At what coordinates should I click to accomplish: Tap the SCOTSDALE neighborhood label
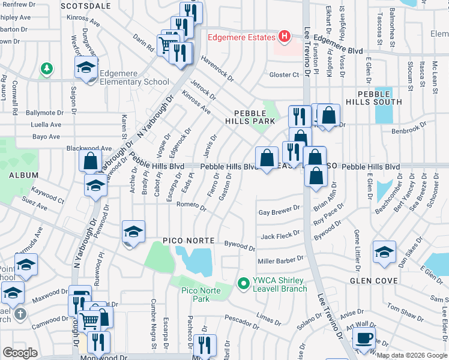click(86, 5)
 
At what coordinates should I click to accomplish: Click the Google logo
click(20, 353)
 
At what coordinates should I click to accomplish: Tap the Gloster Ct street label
click(284, 74)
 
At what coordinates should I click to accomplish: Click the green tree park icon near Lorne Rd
click(46, 70)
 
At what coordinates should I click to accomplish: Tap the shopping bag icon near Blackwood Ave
click(90, 161)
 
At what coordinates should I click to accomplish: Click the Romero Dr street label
click(191, 206)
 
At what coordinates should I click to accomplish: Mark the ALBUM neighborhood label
click(23, 176)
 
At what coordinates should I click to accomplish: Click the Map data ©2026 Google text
click(411, 355)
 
